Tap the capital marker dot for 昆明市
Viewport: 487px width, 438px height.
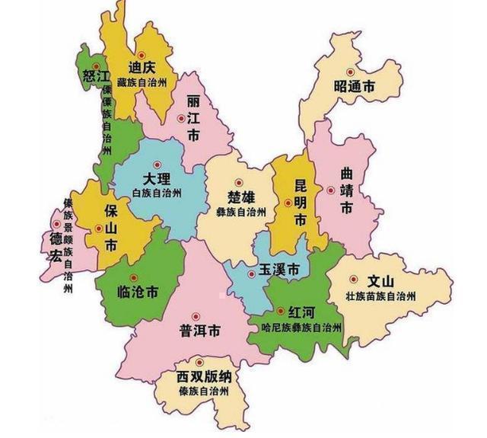pyautogui.click(x=288, y=202)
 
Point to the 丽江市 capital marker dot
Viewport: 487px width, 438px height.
pyautogui.click(x=180, y=118)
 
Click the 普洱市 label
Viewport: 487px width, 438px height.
pyautogui.click(x=200, y=332)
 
